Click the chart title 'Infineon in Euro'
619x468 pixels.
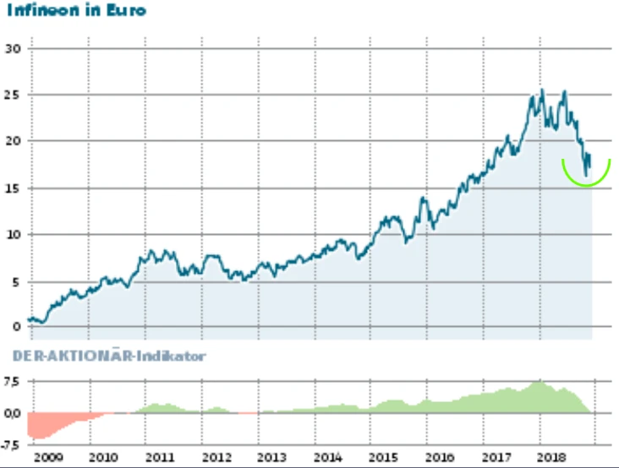tap(75, 11)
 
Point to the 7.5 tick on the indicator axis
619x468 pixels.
tap(12, 381)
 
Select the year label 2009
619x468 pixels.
tap(47, 457)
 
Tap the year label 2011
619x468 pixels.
tap(160, 457)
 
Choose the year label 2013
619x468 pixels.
tap(272, 457)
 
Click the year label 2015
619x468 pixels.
tap(385, 457)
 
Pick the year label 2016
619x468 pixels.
tap(441, 457)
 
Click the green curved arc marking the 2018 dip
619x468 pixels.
tap(586, 183)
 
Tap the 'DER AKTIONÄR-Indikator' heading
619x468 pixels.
tap(109, 356)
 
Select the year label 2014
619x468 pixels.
tap(328, 457)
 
